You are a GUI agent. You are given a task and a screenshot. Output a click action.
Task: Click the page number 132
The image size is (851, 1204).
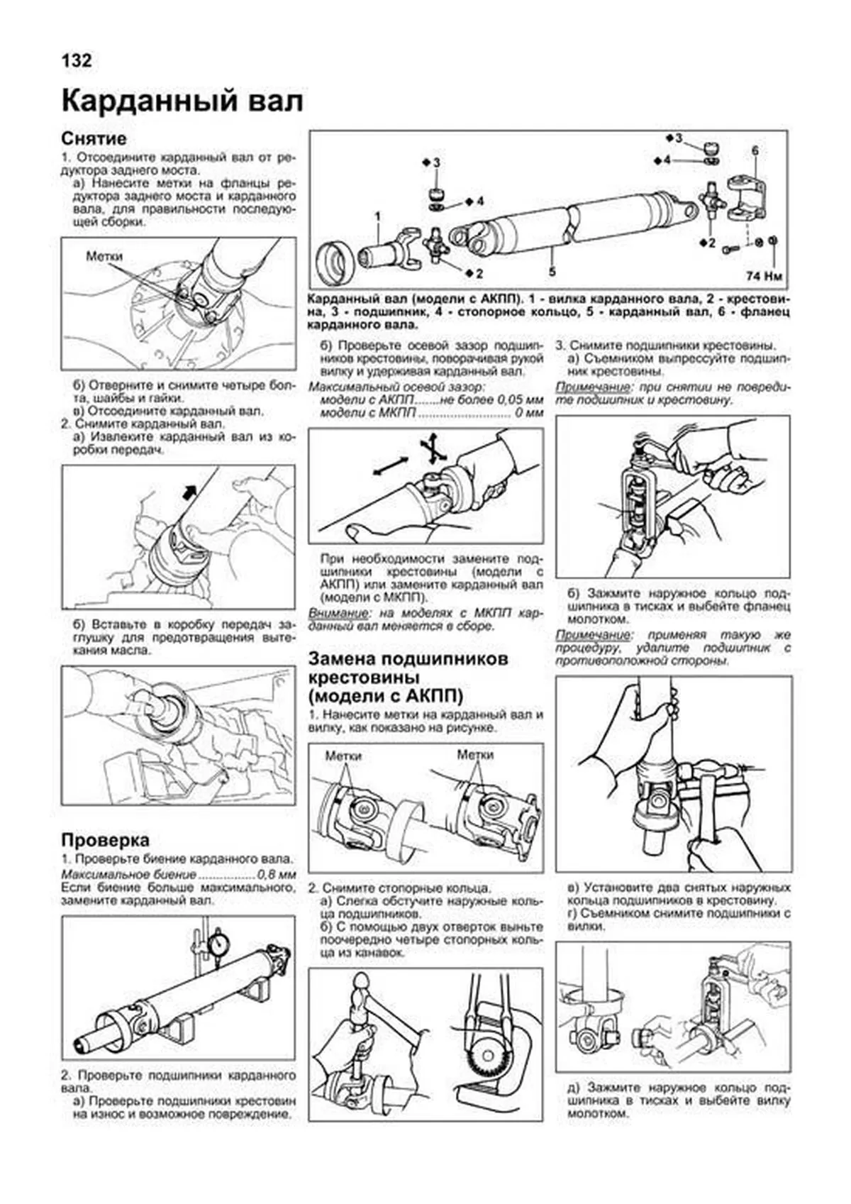point(77,61)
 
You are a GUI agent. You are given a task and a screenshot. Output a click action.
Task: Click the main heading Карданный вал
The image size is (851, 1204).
point(182,101)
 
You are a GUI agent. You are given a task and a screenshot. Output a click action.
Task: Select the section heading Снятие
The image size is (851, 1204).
point(94,138)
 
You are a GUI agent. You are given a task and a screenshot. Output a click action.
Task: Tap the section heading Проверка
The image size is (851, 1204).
point(105,840)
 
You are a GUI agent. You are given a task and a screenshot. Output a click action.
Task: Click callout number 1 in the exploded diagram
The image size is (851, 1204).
point(378,216)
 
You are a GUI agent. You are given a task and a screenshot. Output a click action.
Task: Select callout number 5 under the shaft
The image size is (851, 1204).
point(552,272)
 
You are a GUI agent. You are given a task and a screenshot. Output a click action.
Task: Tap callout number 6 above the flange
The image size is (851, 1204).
point(755,150)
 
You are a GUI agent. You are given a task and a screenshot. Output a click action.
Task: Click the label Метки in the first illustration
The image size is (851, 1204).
point(104,256)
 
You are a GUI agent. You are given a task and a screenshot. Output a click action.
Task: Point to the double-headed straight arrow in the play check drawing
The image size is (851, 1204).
point(389,467)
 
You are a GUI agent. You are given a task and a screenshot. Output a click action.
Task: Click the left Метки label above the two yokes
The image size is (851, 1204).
point(343,756)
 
